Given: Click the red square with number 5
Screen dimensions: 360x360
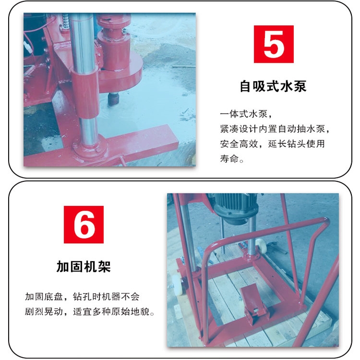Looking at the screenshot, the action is coord(274,44).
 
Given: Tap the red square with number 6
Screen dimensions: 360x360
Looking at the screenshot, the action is coord(84,225).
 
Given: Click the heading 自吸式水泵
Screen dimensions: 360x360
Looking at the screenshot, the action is coord(273,86).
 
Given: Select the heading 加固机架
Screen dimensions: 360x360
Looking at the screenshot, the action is coord(84,266).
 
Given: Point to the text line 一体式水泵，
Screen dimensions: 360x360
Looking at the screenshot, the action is coord(246,114).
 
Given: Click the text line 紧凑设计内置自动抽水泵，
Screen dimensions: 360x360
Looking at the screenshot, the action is coord(275,129).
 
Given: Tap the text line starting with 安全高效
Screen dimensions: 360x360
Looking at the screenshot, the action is coord(272,144).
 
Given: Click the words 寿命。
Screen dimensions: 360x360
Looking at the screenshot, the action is coord(232,159).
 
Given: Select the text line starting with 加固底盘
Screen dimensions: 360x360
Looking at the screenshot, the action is coord(82,297).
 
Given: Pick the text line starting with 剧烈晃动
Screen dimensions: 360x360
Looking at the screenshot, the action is coord(90,312).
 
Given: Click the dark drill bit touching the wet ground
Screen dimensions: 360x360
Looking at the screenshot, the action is coord(114,99).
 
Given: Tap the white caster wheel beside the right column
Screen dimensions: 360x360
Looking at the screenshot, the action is coord(261,246).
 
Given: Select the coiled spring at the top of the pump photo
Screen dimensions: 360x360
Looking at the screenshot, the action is coord(65,21).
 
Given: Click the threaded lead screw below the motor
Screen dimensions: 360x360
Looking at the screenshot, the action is coord(222,234).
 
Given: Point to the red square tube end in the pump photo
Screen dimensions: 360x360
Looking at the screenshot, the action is coord(170,135).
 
